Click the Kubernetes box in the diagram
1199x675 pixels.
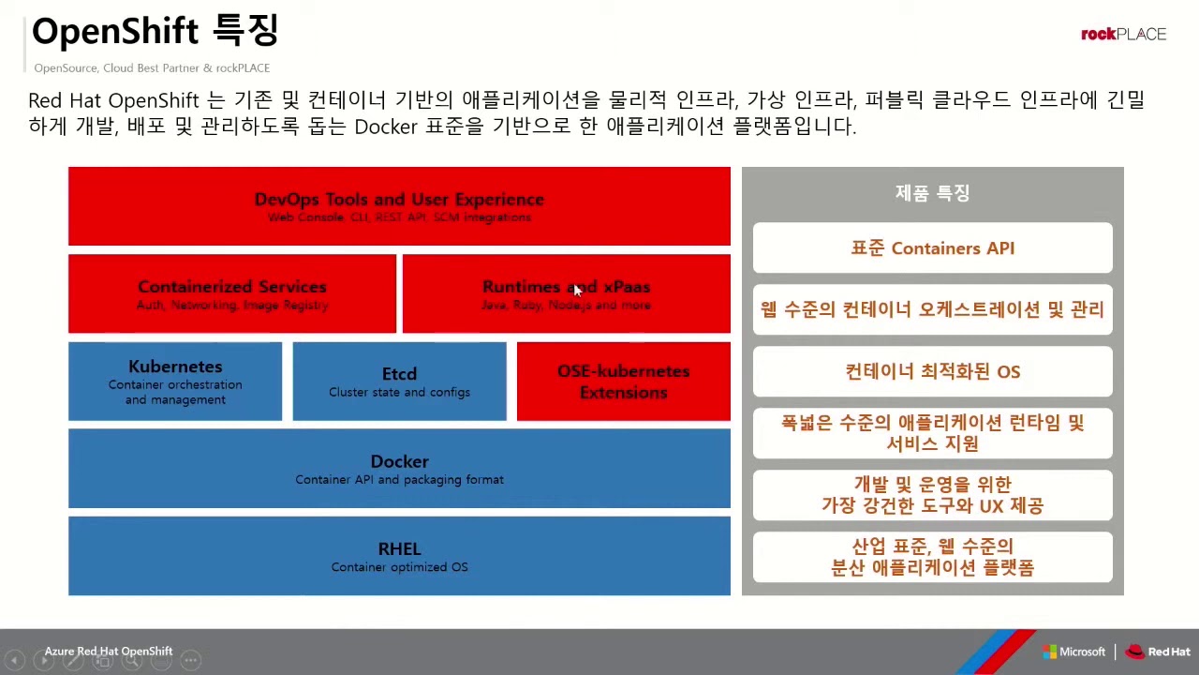[x=175, y=382]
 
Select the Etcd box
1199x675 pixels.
[x=399, y=382]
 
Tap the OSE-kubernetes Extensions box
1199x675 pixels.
[x=623, y=382]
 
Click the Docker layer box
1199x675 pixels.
[x=399, y=469]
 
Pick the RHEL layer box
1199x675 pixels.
[x=399, y=557]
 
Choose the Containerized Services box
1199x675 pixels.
[x=232, y=293]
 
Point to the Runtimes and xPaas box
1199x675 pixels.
[x=566, y=293]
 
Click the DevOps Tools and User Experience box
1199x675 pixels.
[x=399, y=206]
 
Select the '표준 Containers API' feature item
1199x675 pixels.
[x=932, y=248]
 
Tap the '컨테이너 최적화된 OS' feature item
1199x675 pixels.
[x=932, y=371]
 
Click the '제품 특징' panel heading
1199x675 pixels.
[x=932, y=193]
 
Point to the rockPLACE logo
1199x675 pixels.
[x=1123, y=35]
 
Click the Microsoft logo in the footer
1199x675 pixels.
[x=1074, y=652]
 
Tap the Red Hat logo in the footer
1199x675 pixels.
[x=1158, y=652]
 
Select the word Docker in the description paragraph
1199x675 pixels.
[x=385, y=127]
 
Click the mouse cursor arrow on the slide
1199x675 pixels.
[x=577, y=291]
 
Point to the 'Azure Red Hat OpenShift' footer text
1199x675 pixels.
[x=109, y=651]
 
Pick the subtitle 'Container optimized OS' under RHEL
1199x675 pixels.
[x=399, y=567]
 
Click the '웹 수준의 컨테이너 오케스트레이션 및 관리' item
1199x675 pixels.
[x=932, y=309]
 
